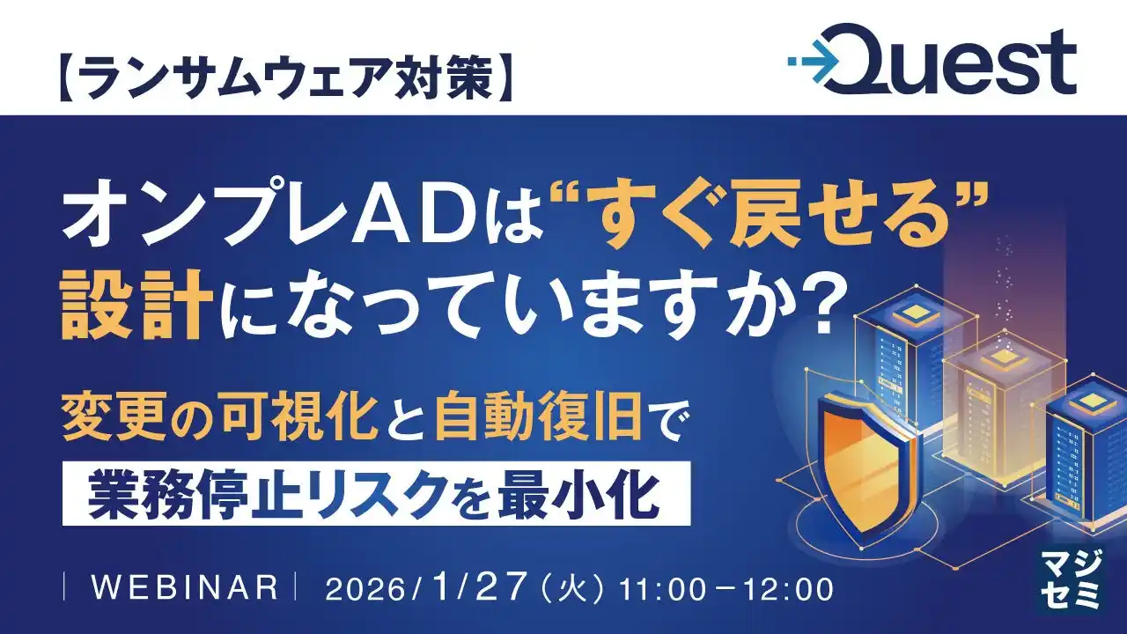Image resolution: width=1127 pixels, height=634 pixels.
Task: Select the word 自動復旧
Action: click(537, 422)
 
